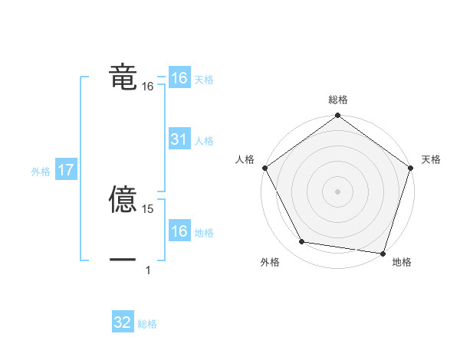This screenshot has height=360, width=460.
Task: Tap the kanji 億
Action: (x=123, y=200)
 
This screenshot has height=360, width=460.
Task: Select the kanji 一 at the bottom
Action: (x=123, y=260)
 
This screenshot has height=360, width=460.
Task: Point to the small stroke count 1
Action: (x=148, y=270)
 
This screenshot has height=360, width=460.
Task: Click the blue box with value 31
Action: (x=179, y=140)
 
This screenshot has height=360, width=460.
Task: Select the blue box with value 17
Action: (x=66, y=171)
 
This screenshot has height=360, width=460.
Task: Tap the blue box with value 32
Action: (x=123, y=323)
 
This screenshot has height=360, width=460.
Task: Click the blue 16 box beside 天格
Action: (x=179, y=78)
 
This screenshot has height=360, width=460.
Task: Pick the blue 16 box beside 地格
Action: (x=179, y=231)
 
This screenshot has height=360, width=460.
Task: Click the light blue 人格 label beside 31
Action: (x=204, y=141)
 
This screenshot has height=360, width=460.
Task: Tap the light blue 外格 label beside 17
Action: (x=41, y=172)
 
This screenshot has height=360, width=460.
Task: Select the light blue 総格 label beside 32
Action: (x=147, y=324)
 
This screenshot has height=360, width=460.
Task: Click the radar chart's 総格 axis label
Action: (x=338, y=100)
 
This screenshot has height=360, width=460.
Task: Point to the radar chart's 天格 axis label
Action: (x=432, y=159)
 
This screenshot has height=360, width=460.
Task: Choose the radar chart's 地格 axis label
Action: (x=402, y=262)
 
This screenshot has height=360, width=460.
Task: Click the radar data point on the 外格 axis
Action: (x=302, y=242)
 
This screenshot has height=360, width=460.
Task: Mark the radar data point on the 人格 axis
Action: (x=265, y=168)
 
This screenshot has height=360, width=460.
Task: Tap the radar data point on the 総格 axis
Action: (x=338, y=117)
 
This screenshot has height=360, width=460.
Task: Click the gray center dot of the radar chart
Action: (x=338, y=191)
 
